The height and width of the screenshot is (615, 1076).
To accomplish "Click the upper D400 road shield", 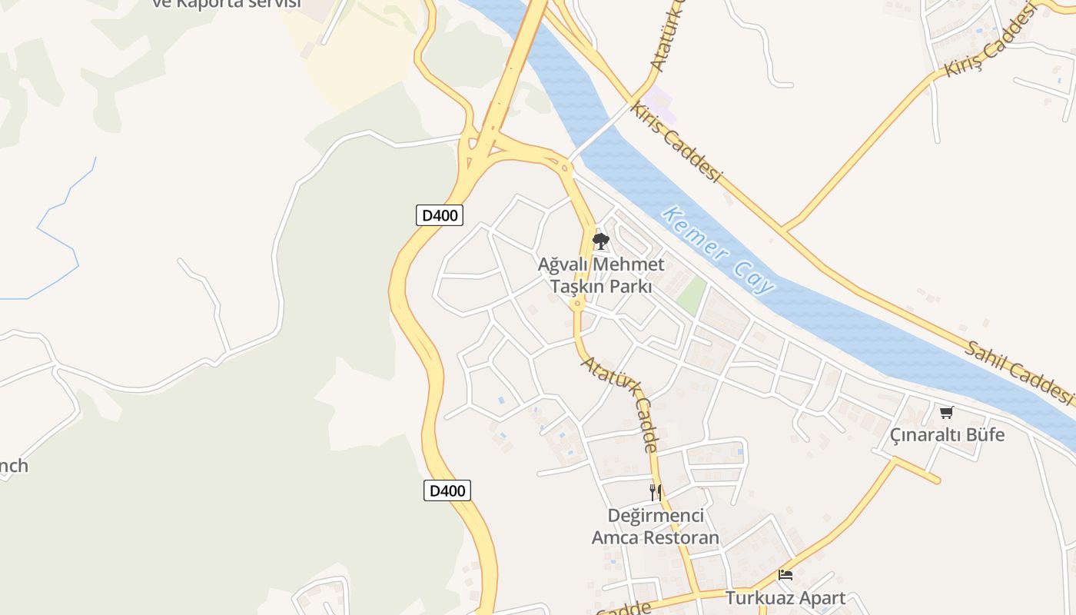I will (x=440, y=215).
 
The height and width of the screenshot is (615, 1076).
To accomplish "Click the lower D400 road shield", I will (x=447, y=490).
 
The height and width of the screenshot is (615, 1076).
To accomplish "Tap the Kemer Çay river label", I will (x=718, y=251).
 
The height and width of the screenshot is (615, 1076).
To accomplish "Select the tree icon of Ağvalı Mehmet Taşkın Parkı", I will (x=600, y=242).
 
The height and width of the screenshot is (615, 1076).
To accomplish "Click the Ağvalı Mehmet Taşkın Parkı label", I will (x=600, y=275).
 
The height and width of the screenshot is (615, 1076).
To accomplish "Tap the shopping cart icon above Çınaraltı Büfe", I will (x=947, y=413).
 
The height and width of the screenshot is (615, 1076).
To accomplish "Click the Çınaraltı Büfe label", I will (x=947, y=435).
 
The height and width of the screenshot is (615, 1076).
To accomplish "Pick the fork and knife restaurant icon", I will (x=655, y=492).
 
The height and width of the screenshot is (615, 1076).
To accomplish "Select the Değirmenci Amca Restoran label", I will (x=655, y=526).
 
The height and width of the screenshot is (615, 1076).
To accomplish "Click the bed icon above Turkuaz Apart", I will (x=785, y=574).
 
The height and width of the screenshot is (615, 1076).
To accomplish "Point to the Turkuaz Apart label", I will (x=785, y=597).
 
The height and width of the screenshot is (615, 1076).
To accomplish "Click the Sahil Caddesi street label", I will (x=1018, y=372).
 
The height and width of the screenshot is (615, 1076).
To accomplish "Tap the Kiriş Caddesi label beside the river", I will (x=676, y=142).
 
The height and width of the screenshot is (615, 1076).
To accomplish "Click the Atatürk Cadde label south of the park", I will (x=620, y=404).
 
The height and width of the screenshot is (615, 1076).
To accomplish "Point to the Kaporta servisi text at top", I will (x=226, y=3).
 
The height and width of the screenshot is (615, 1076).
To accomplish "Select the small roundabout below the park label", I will (x=577, y=304).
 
